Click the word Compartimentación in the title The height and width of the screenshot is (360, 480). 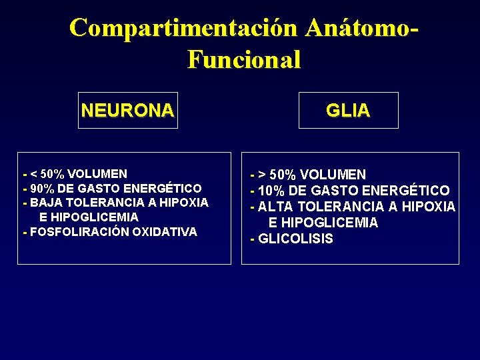tap(184, 28)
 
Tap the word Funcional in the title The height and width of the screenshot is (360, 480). tap(244, 59)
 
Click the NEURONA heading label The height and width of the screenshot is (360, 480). tap(127, 110)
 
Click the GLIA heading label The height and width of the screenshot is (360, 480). tap(348, 111)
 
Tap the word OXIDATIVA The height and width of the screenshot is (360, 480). tap(165, 232)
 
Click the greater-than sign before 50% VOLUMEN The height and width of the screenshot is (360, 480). tap(263, 175)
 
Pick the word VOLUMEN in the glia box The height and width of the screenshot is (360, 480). tap(333, 175)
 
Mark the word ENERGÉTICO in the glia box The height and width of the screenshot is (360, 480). tap(405, 191)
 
